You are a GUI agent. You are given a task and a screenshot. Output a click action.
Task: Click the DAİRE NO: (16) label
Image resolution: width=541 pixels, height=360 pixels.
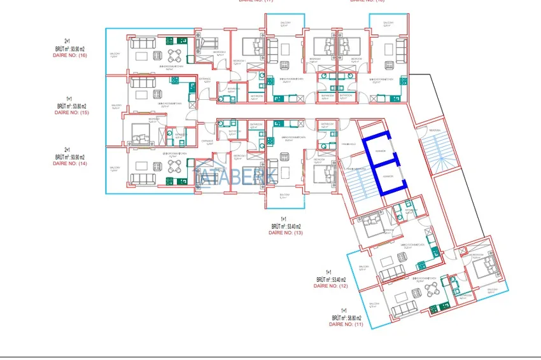pos(69,55)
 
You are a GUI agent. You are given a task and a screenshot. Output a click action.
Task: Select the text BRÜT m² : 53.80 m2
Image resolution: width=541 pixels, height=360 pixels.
pos(71,106)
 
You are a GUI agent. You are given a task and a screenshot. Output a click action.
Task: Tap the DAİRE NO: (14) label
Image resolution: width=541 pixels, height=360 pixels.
pos(69,163)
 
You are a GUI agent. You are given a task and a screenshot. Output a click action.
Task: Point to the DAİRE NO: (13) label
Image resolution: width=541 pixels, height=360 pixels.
pos(286,233)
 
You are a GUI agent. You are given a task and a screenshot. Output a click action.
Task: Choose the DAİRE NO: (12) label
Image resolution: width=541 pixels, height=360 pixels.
pos(331,286)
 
